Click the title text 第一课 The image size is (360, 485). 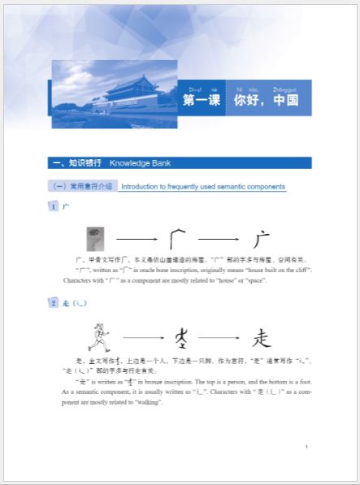coord(202,102)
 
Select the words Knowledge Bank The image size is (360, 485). coord(138,162)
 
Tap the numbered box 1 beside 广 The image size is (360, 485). coord(54,207)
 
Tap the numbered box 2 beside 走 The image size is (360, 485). coord(54,303)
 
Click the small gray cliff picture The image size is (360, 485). coord(95,239)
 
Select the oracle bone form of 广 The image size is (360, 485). coord(177,239)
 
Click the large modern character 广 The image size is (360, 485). coord(260,239)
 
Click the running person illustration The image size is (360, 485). coord(101,335)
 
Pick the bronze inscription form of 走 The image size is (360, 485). coord(182,336)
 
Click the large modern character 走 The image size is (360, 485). coord(260,336)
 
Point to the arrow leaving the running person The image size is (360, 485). coord(141,336)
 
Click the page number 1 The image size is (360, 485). coord(306,447)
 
